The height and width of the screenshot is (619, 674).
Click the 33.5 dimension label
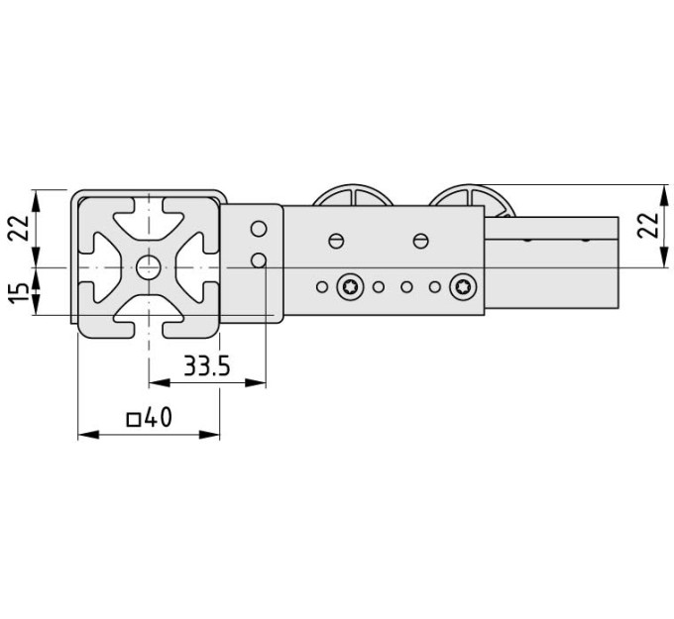(207, 366)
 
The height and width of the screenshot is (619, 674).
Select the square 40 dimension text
(150, 418)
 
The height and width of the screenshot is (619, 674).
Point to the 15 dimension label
(20, 292)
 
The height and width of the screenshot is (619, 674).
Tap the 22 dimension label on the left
(20, 228)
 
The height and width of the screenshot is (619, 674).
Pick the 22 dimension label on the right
(648, 225)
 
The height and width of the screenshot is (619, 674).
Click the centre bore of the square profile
(149, 267)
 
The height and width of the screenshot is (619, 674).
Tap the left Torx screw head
(350, 286)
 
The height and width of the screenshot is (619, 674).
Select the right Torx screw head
(463, 286)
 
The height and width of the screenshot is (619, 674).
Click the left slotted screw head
(336, 241)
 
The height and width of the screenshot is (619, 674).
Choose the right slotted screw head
(421, 241)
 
